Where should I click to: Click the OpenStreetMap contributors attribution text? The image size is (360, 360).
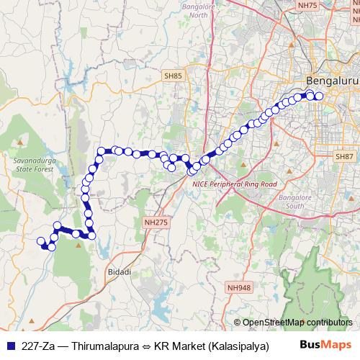[x=297, y=323]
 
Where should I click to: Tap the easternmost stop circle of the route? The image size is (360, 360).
[x=320, y=96]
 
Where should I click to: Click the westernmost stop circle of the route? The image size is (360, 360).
[x=40, y=241]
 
